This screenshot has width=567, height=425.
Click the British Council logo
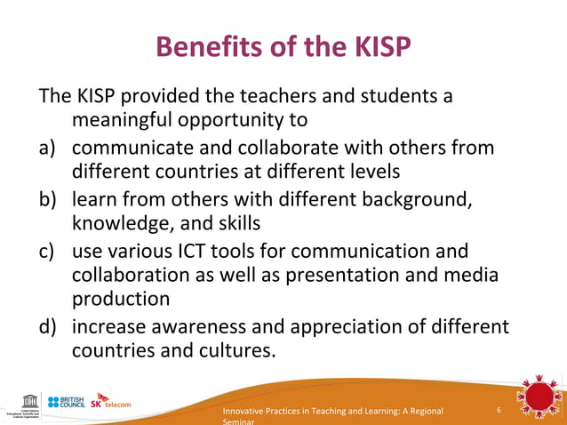[66, 402]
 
